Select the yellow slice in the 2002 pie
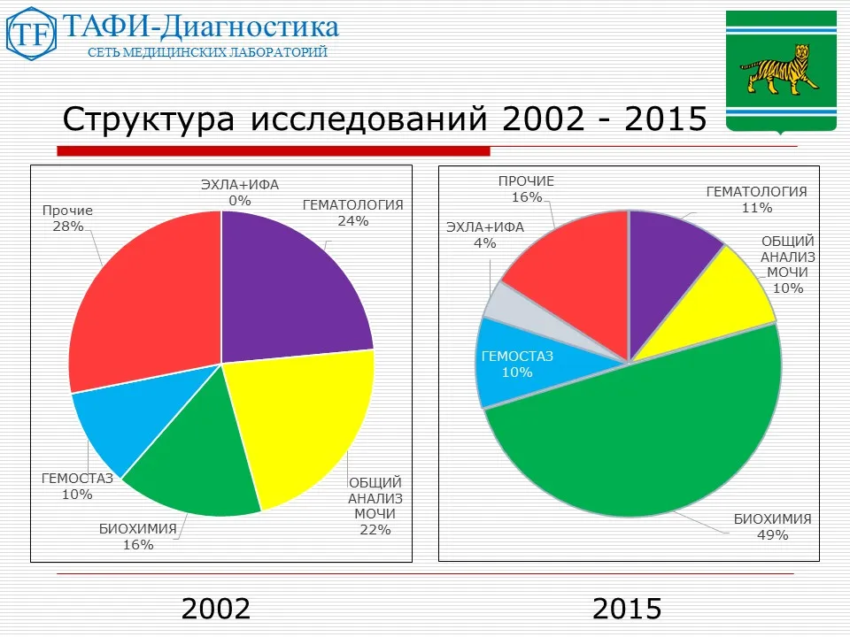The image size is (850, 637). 301,425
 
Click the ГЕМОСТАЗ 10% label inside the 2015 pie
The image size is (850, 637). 516,365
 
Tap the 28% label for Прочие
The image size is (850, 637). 67,226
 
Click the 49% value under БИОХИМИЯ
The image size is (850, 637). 772,534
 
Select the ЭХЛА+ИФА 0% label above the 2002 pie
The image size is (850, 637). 239,193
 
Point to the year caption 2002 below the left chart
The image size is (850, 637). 216,609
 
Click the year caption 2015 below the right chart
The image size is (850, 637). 627,609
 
